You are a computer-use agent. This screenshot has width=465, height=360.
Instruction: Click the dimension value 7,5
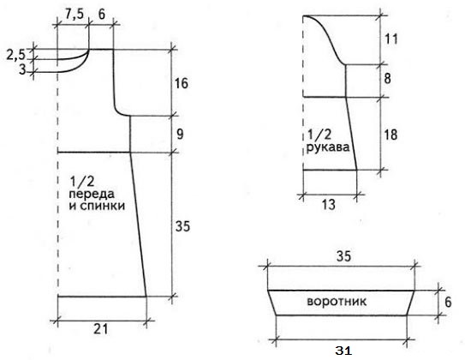coord(75,14)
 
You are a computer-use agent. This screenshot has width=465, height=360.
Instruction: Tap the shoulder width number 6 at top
coord(101,14)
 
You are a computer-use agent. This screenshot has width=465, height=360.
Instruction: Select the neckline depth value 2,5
coord(16,55)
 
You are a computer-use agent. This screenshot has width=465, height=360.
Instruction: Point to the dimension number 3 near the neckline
coord(22,69)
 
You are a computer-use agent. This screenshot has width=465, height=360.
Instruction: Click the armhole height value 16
coord(182,83)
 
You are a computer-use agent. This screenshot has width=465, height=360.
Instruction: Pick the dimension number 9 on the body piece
coord(180,135)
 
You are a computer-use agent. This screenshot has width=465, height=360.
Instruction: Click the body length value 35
coord(182,227)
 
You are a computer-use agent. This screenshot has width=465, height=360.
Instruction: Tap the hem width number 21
coord(101,329)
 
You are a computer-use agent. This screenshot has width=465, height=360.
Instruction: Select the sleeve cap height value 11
coord(390,39)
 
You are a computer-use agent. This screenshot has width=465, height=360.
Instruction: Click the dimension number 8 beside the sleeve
coord(387,79)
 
